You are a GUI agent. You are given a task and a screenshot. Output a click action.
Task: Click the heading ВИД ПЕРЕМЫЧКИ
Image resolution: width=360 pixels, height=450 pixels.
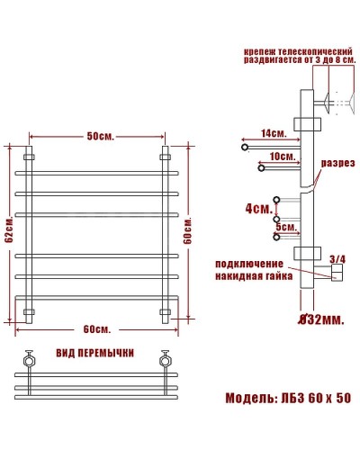(x=94, y=349)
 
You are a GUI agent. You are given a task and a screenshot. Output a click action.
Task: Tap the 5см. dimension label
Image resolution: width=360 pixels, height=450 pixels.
(x=285, y=228)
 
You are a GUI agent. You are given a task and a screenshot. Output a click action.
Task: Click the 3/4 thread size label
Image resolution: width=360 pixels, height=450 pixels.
(x=337, y=259)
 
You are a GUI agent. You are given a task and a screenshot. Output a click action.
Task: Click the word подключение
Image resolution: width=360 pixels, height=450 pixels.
(x=255, y=264)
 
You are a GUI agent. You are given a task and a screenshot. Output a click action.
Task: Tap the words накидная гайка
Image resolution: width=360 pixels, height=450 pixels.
(x=255, y=277)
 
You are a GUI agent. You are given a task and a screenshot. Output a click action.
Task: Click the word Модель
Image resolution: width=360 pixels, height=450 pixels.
(x=247, y=398)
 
